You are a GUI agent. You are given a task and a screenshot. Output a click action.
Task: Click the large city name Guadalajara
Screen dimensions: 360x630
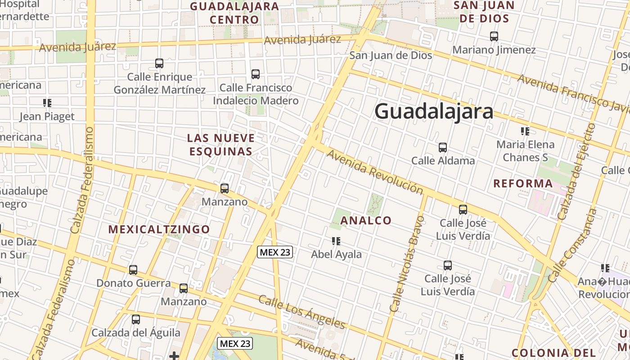pos(434,111)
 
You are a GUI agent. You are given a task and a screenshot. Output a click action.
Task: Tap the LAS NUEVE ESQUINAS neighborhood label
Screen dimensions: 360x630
pos(221,144)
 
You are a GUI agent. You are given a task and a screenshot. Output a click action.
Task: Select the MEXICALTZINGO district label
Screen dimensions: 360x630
pos(159,229)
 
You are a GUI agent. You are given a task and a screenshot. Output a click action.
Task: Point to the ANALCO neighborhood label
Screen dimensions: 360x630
pos(366,220)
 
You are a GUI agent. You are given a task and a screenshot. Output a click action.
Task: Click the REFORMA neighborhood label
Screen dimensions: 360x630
pos(523,184)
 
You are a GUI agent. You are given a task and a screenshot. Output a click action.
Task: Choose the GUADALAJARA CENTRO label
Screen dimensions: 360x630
pos(234,13)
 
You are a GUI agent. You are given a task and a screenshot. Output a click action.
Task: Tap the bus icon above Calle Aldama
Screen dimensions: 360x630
pos(443,147)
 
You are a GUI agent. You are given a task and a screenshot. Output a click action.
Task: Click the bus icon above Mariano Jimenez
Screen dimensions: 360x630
pos(494,36)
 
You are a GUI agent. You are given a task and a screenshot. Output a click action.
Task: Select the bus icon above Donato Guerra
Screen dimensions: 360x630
pos(133,270)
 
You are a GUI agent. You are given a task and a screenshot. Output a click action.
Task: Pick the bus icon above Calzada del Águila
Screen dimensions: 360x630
pos(136,319)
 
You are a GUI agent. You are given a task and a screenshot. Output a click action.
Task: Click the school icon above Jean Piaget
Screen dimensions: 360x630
pos(47,103)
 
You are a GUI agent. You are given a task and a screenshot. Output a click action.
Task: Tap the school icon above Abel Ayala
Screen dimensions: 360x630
pos(336,241)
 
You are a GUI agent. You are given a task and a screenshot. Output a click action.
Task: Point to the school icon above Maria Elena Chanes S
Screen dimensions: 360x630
pos(525,131)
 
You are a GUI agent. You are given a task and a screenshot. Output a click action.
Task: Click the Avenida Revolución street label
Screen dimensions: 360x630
pos(375,172)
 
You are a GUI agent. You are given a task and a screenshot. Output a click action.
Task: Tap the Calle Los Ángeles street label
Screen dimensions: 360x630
pos(302,312)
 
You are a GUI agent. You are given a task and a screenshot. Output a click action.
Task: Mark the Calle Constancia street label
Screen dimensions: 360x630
pos(572,245)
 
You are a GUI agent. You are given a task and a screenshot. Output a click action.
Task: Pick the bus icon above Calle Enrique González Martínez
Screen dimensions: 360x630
pos(159,63)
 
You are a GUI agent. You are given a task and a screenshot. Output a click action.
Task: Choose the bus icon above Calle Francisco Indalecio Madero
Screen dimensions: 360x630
pos(256,74)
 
